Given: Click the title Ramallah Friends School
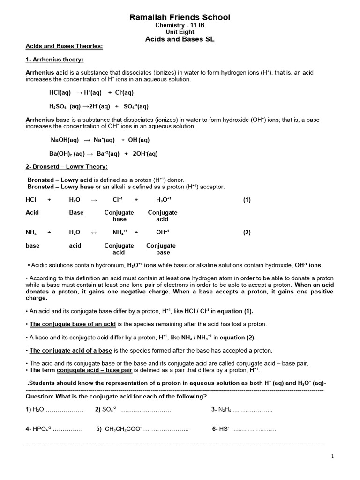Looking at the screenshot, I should (180, 18).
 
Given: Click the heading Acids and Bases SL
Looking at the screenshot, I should (180, 39).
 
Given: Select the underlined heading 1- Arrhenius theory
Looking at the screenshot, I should (54, 60).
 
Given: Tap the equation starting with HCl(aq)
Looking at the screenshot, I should (91, 92).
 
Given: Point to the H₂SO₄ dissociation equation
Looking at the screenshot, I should (98, 106).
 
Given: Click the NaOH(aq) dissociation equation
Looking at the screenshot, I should (100, 140).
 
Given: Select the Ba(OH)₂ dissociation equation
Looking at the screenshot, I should (103, 153).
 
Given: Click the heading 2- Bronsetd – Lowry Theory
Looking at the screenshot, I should (67, 167).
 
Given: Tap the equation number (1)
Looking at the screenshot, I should (247, 199).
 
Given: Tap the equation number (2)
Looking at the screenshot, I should (247, 232).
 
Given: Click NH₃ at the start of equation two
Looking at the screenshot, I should (31, 232).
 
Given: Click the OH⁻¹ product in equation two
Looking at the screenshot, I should (162, 232).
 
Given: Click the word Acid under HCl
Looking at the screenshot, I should (32, 212).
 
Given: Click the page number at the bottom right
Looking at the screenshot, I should (332, 456).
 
